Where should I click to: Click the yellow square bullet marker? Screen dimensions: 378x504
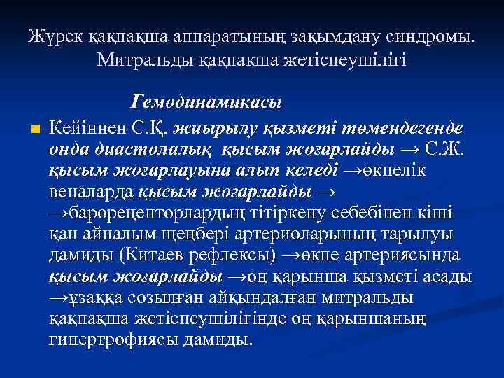click(x=36, y=129)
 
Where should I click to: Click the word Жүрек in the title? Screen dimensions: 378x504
click(x=52, y=36)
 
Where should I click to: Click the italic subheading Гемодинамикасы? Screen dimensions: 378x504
click(x=206, y=102)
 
